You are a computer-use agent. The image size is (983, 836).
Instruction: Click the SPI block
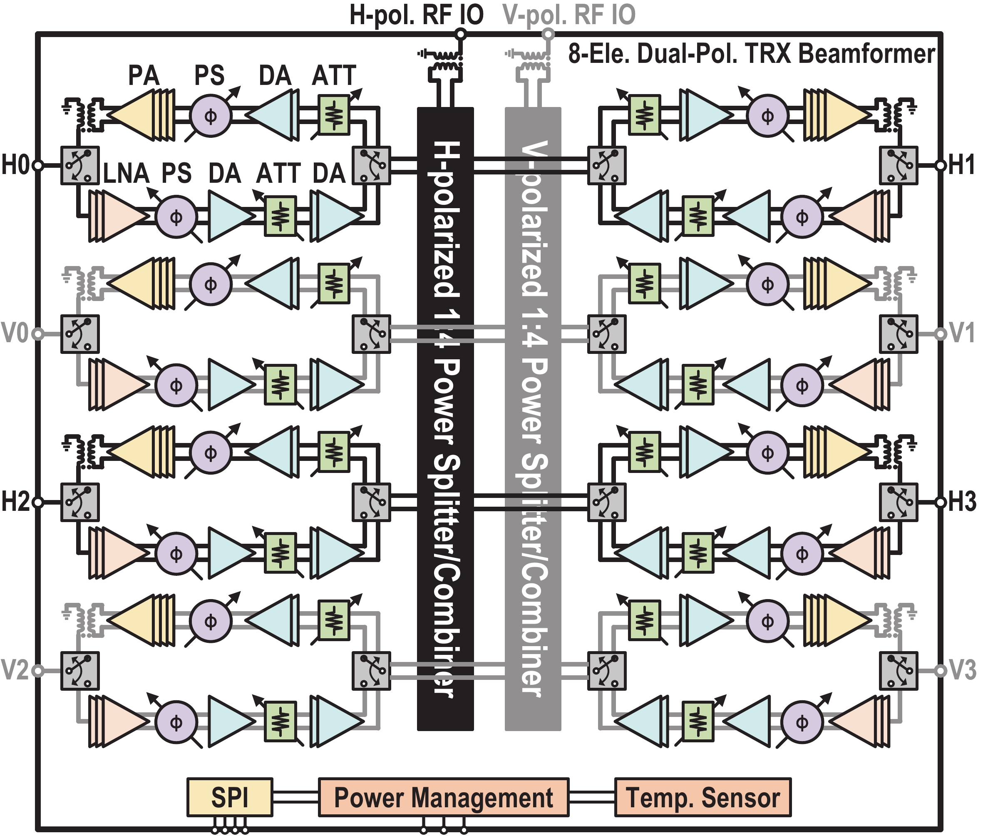point(230,797)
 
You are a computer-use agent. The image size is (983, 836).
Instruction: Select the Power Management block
point(443,797)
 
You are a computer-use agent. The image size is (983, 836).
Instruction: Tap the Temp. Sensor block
point(702,797)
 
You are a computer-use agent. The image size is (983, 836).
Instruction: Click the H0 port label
point(16,165)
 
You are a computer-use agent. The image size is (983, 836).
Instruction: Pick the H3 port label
point(962,501)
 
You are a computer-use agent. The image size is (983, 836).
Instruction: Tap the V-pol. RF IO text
point(569,15)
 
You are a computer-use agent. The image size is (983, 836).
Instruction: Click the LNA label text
point(126,174)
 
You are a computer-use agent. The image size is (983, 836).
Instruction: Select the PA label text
point(144,75)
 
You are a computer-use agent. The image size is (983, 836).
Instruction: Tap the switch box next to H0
point(80,165)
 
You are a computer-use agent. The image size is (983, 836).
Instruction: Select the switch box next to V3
point(898,671)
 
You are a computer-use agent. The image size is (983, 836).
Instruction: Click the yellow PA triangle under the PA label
point(137,115)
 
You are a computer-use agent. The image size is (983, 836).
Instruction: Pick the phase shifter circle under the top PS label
point(211,116)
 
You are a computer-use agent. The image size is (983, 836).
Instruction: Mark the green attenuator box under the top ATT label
point(334,115)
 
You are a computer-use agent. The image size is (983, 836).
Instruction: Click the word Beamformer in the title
point(867,54)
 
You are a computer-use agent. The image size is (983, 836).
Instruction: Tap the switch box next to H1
point(898,165)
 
